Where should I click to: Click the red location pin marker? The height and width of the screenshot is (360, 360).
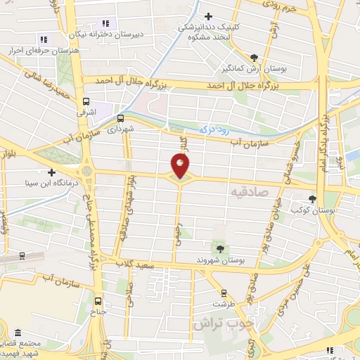180,166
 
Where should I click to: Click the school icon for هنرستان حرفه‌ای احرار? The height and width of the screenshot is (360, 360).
43,40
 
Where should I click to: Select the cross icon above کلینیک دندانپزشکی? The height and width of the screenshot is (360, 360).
208,16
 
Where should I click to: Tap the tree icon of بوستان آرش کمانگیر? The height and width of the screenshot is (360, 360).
254,58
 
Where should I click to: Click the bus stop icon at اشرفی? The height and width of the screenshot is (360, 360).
86,101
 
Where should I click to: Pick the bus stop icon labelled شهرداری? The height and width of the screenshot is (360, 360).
120,118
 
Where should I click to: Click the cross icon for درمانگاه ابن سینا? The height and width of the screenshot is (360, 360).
51,172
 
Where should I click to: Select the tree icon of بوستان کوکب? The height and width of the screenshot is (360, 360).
313,199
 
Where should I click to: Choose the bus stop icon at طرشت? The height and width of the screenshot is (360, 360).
224,293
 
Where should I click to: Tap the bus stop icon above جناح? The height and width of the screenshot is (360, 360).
98,297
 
